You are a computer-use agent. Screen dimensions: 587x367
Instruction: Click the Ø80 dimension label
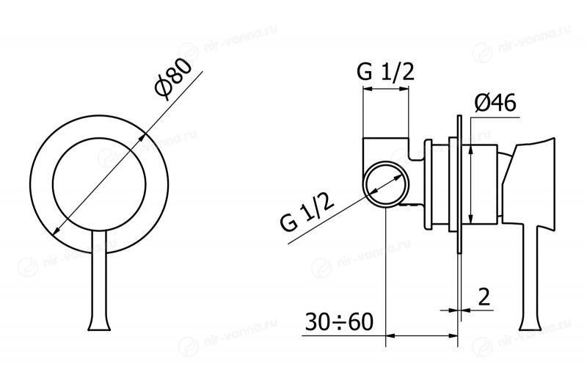(173, 79)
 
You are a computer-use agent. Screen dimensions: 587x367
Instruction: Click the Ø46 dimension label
(495, 102)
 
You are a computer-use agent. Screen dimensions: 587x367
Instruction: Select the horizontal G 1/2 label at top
(386, 71)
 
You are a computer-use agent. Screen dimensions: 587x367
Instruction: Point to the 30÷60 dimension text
(339, 321)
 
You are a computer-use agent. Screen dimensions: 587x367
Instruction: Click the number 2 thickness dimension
(484, 297)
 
